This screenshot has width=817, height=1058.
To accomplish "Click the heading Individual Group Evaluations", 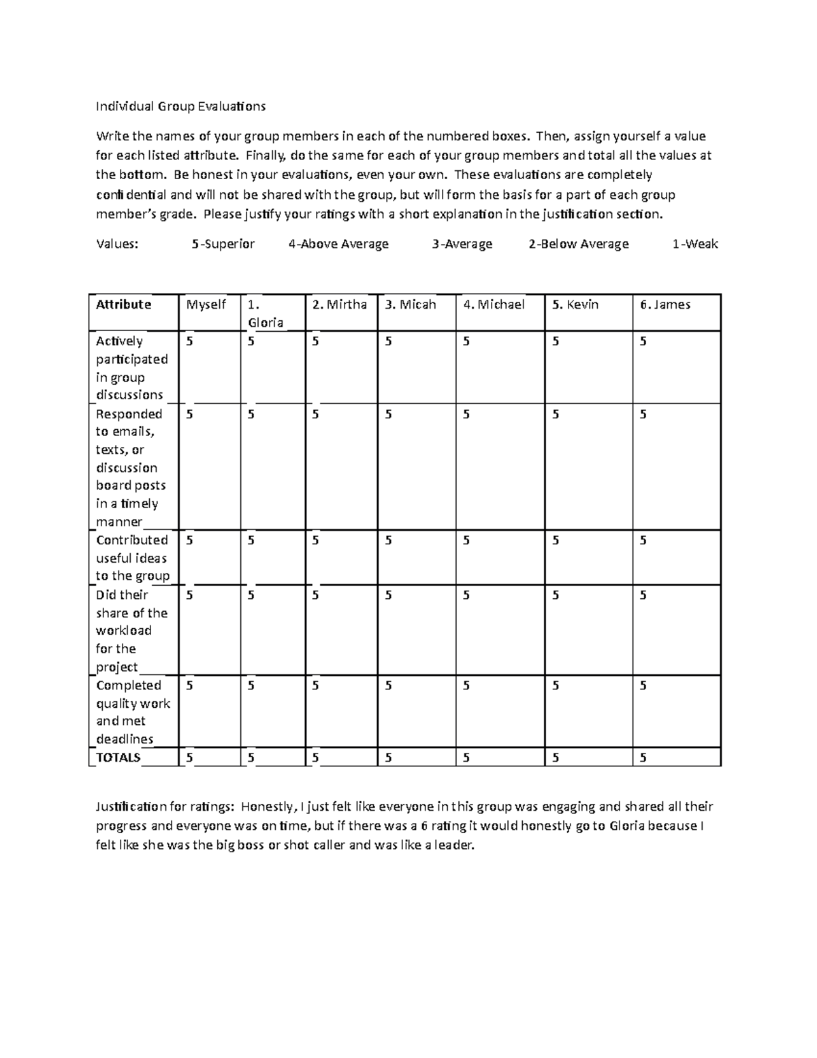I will (180, 106).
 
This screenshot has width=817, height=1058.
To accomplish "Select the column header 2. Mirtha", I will (339, 305).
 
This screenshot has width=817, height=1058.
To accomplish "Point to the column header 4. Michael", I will (494, 305).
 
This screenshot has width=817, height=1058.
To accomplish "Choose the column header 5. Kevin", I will (575, 305).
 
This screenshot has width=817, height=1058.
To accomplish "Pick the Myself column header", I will (206, 305).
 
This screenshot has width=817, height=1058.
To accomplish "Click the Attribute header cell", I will (123, 305).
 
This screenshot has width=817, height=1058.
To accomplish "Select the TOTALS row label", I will (118, 758).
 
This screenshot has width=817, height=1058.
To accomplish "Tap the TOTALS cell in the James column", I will (643, 758).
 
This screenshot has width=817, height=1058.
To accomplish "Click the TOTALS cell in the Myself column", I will (189, 758).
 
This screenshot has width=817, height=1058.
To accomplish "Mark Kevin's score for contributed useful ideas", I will (556, 541).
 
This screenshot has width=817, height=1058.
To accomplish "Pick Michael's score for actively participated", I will (466, 342).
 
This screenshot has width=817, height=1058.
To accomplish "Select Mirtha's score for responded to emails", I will (316, 415).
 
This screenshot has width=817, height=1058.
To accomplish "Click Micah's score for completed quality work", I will (388, 686).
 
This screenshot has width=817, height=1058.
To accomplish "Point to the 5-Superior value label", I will (223, 244).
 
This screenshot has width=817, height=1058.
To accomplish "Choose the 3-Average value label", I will (462, 244).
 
